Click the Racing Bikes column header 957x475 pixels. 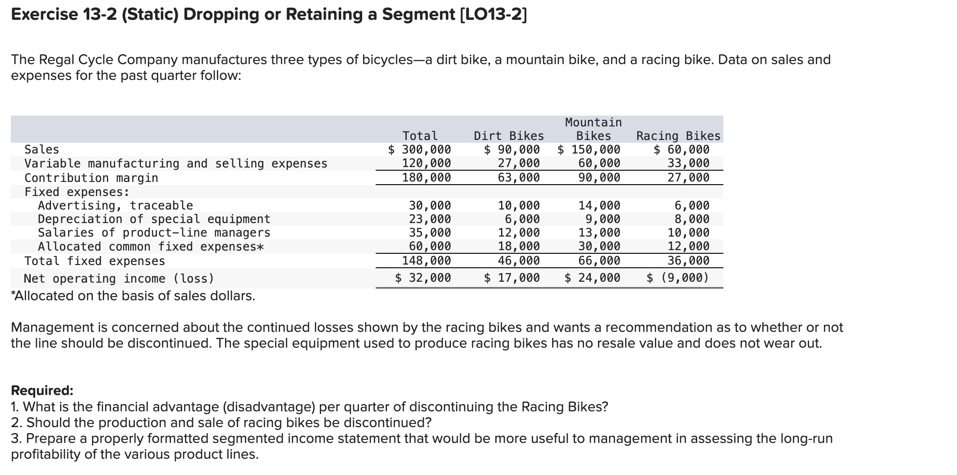[x=678, y=136]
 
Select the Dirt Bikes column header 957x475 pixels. [x=509, y=136]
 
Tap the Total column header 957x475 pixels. [x=420, y=136]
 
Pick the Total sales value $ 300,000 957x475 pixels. [x=420, y=149]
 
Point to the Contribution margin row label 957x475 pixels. [x=91, y=178]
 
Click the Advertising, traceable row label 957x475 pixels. [x=115, y=206]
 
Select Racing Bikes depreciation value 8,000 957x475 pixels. [x=692, y=219]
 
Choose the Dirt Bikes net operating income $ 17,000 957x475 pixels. [x=512, y=278]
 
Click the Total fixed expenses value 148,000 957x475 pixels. [x=426, y=261]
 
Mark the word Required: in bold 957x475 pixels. [x=42, y=390]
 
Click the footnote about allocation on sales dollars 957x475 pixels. [x=133, y=296]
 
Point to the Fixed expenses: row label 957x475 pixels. [x=77, y=192]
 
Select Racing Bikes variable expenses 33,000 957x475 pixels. [x=688, y=163]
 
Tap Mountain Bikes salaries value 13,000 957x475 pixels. [x=599, y=233]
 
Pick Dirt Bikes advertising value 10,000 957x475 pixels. [x=519, y=206]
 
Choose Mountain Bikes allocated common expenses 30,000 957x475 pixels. [x=599, y=247]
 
